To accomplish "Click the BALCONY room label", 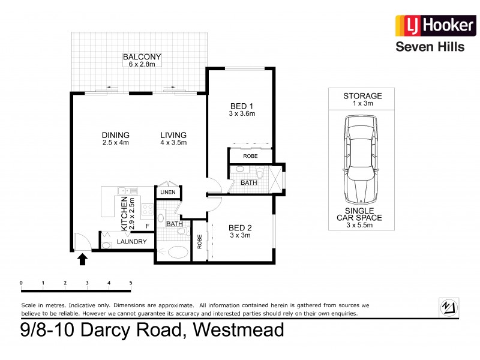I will [142, 58].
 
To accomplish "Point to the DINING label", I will [116, 135].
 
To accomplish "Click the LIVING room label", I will [173, 135].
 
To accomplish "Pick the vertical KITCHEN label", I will [125, 214].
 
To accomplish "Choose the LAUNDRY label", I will [132, 242].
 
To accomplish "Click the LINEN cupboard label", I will [168, 192].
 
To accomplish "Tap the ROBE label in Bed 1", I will [250, 155].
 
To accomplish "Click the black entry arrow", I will [83, 259].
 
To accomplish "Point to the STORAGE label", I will [362, 96].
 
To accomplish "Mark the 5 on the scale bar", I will [130, 282].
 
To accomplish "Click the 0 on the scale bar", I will [21, 282].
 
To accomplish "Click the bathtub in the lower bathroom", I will [178, 252].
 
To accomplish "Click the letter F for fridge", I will [148, 226].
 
